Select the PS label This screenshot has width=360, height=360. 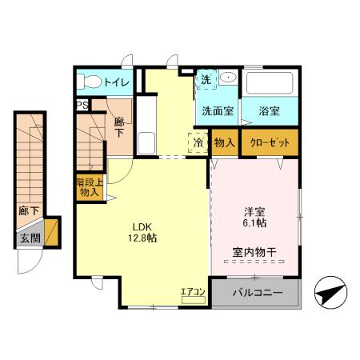point(82,105)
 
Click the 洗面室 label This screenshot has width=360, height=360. point(217,111)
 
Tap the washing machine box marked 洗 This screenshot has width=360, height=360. point(206,80)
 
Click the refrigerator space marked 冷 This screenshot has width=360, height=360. point(198,142)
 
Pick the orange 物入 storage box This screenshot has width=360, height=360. point(225,142)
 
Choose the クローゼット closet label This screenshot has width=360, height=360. point(270,142)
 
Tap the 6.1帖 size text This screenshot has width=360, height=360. point(254,225)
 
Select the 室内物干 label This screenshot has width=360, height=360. point(254,253)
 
